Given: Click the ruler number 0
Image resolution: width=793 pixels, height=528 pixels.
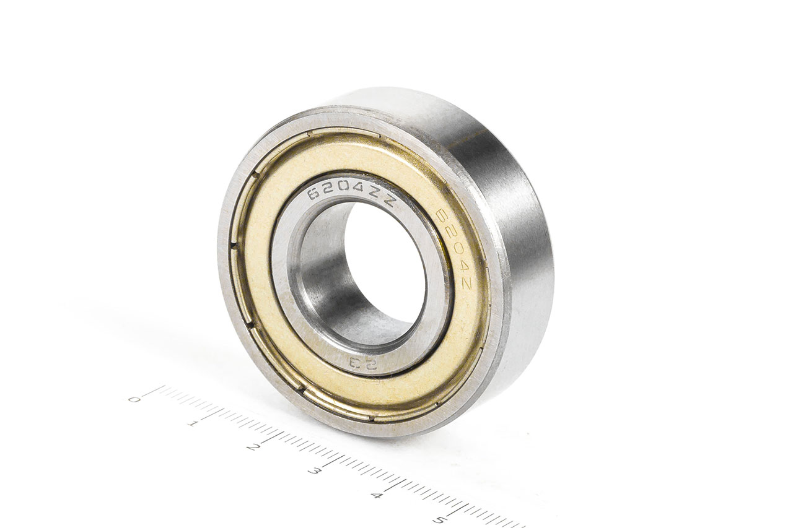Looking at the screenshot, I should tap(132, 399).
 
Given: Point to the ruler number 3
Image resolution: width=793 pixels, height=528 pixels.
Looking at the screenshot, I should tap(314, 471).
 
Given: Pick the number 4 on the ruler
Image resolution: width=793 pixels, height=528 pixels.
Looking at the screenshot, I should tap(376, 495).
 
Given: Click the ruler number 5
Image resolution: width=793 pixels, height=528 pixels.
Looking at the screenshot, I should tap(439, 519).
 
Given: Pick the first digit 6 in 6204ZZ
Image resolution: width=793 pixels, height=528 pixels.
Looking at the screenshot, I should tap(314, 197).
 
